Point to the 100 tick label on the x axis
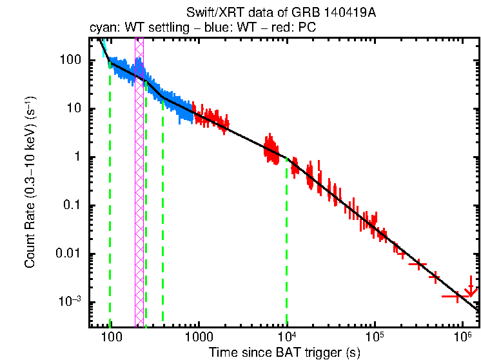click(x=111, y=337)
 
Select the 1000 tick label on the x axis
click(x=199, y=337)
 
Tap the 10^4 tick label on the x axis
click(x=286, y=336)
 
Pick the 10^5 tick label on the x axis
click(x=375, y=336)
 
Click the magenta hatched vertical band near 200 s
click(x=139, y=194)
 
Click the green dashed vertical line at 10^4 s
click(x=286, y=245)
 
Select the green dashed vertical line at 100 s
click(x=110, y=194)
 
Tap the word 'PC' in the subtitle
click(x=306, y=29)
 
